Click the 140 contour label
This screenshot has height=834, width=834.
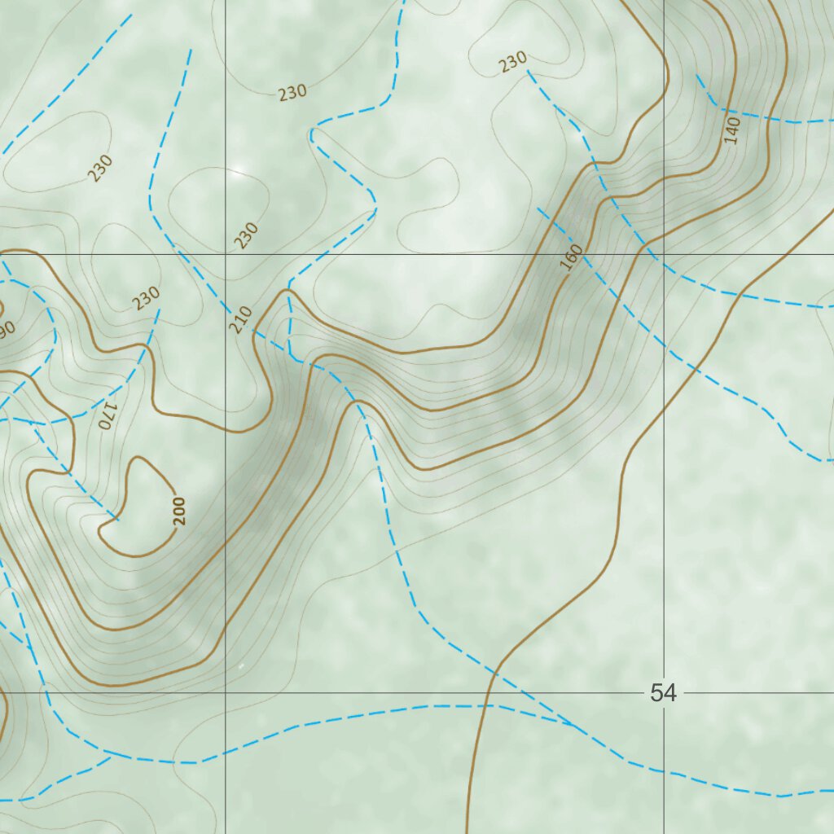coord(731,130)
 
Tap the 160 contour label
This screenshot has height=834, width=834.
coord(572,256)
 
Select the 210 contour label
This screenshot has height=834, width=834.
coord(240,320)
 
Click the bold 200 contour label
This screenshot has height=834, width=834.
coord(179,511)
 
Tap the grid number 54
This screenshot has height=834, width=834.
coord(663,693)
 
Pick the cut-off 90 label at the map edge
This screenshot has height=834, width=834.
coord(7,328)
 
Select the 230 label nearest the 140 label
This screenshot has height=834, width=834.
coord(513,61)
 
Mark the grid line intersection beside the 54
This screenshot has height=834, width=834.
coord(664,693)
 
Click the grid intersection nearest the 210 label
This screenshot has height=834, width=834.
coord(226,254)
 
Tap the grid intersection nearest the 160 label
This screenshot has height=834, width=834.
coord(664,254)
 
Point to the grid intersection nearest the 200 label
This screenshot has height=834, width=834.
coord(226,693)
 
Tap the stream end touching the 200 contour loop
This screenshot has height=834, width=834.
coord(117,519)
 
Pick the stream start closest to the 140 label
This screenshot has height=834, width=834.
coord(696,75)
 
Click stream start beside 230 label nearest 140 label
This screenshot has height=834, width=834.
coord(528,72)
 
